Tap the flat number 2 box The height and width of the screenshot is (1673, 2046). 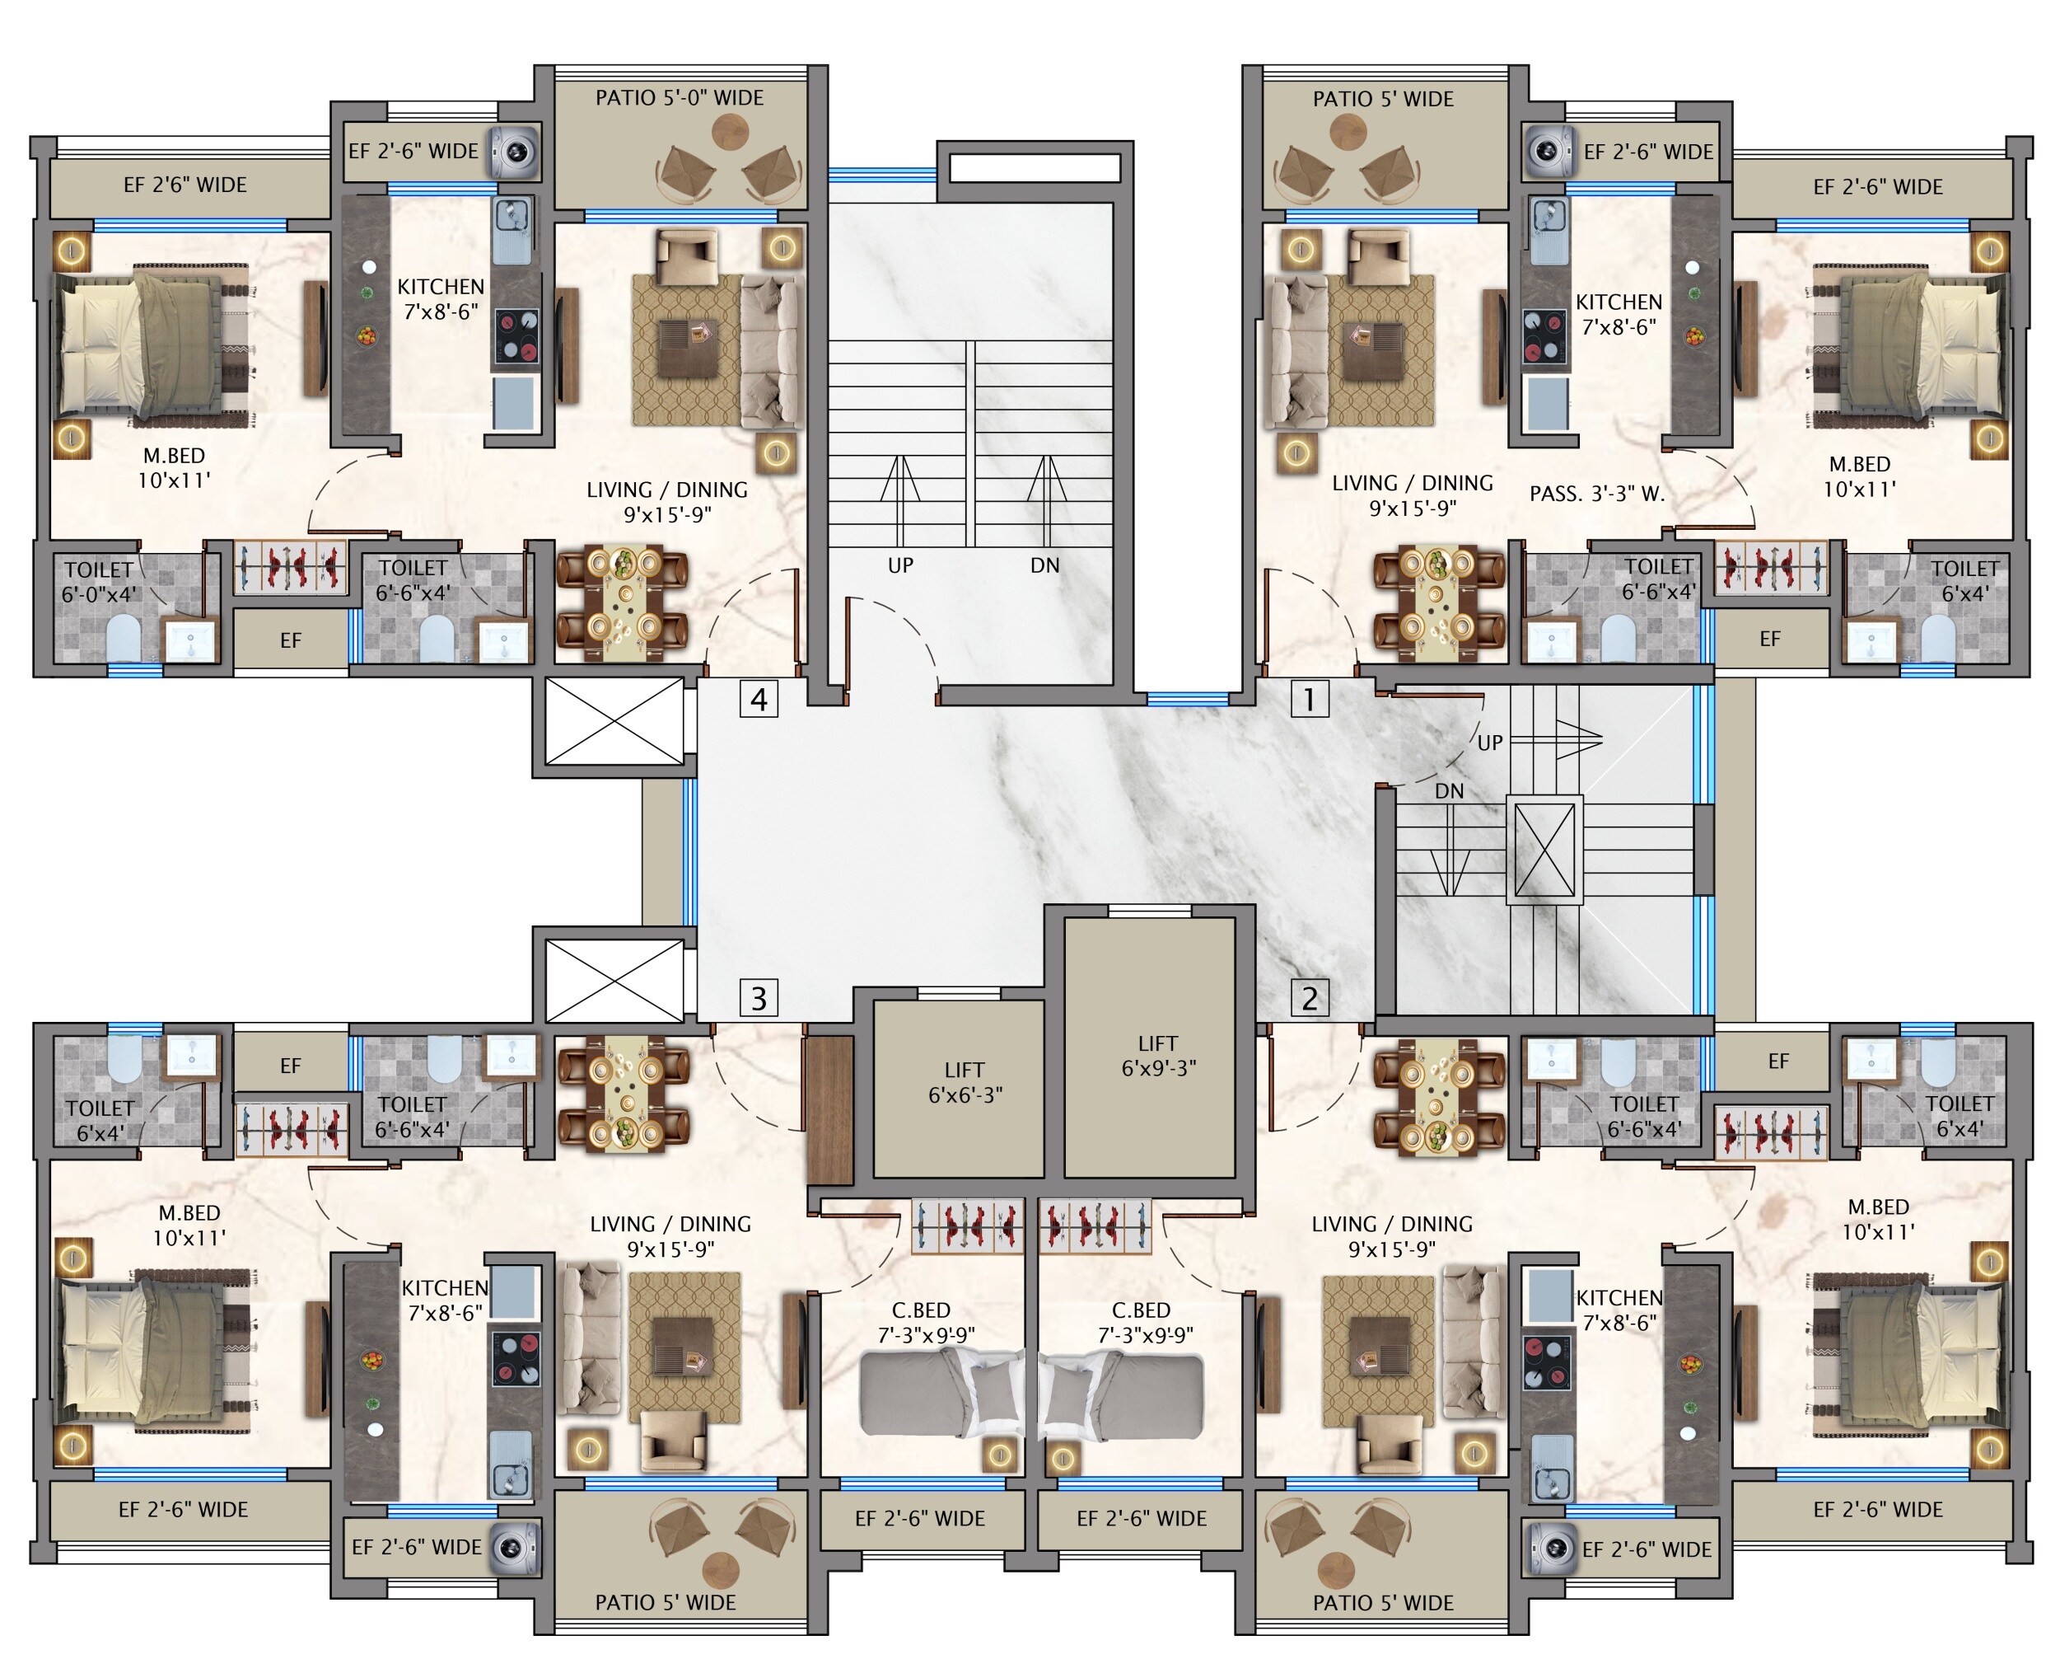1309,997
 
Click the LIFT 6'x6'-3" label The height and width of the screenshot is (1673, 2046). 965,1082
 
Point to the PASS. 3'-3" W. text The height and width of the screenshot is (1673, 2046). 1596,494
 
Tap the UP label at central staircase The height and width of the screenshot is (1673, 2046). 899,565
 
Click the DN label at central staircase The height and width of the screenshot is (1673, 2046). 1044,565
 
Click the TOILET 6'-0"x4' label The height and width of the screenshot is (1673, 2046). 98,581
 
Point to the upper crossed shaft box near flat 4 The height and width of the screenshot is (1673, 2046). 614,721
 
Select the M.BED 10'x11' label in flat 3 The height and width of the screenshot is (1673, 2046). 189,1225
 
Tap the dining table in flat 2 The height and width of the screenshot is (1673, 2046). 1438,1097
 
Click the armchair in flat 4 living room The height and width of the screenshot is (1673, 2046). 686,256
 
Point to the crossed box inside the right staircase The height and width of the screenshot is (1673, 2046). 1544,850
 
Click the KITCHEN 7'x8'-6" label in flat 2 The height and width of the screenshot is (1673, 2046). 1619,1310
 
